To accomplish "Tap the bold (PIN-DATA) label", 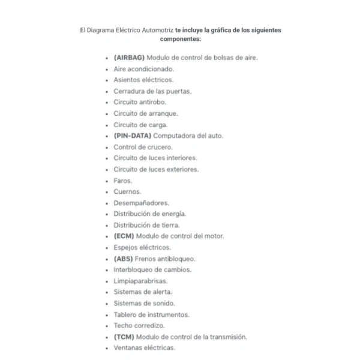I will pos(133,136).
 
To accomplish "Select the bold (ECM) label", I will pos(124,236).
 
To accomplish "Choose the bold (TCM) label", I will pos(124,337).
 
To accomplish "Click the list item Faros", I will pos(122,181).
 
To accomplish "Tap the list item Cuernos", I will pos(127,191).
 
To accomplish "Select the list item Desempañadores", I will pos(141,203).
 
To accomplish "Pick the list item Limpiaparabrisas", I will pos(140,281).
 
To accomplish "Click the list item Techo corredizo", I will pos(139,325).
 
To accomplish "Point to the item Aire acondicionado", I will pos(143,69).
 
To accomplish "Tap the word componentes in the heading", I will pos(180,38).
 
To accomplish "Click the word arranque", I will pos(164,113).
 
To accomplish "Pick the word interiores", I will pos(179,158).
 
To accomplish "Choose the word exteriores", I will pos(181,169).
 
